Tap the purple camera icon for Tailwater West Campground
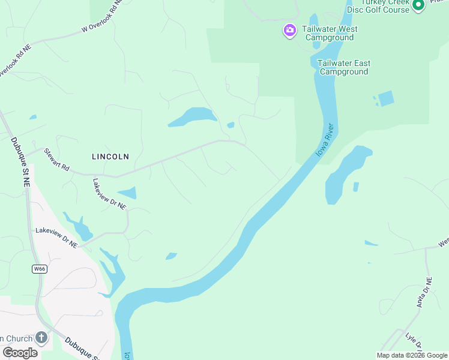[290, 30]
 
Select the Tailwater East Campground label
[344, 67]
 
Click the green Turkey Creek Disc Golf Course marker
[418, 5]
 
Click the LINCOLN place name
[110, 157]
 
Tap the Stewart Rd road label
[57, 160]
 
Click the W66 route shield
[40, 269]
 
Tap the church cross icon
[41, 337]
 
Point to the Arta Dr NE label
[424, 293]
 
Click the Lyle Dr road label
[414, 343]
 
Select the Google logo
[20, 353]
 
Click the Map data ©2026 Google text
[412, 355]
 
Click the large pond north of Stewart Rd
[194, 116]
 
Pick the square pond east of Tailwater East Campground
[386, 98]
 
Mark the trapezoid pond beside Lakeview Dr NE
[128, 193]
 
